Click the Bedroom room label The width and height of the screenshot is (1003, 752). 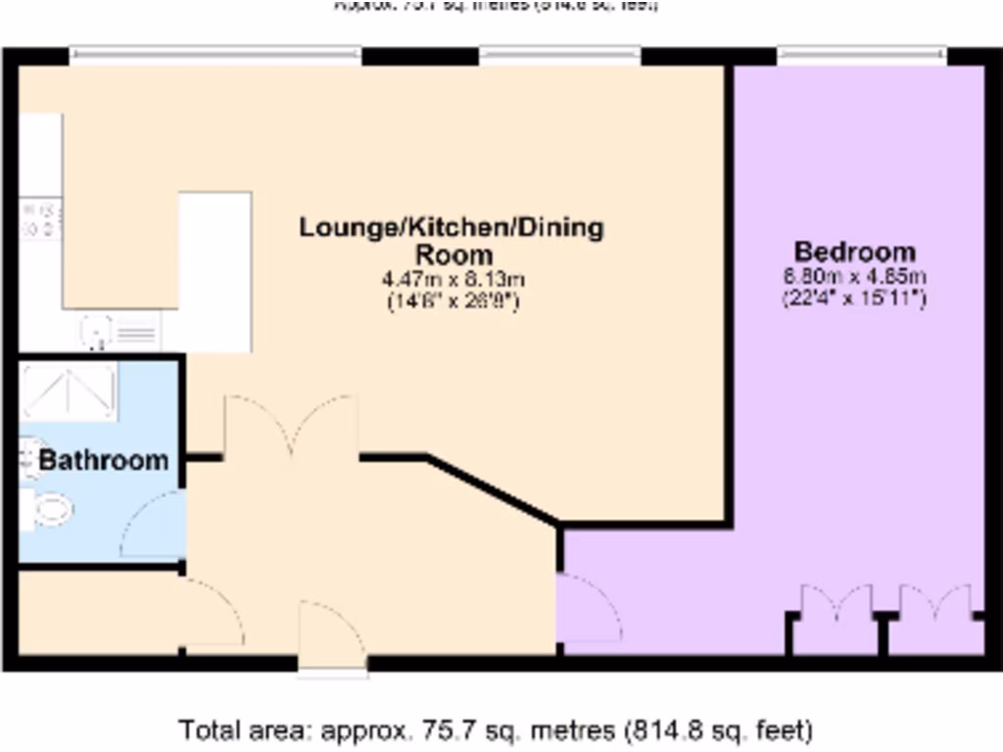[854, 252]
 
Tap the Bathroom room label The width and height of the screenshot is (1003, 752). [103, 460]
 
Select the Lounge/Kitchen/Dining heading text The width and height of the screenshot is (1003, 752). [452, 228]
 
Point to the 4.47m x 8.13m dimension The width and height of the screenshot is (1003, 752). [452, 280]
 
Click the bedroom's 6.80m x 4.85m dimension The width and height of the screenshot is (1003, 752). [854, 277]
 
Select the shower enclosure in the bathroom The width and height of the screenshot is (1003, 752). [69, 390]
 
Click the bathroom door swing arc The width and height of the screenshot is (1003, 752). [153, 525]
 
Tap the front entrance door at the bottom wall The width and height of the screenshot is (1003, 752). [332, 636]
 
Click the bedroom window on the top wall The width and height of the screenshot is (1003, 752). [862, 54]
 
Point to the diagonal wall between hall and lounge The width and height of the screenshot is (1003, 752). [493, 490]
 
